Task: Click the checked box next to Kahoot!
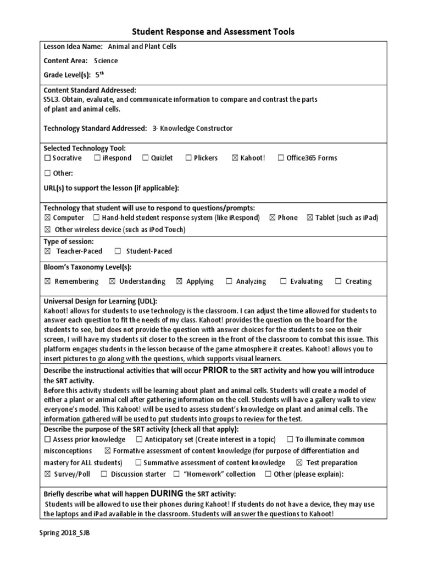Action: [x=235, y=158]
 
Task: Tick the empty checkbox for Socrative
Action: [x=47, y=158]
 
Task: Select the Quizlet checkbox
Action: [x=146, y=158]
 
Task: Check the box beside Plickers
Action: [x=188, y=158]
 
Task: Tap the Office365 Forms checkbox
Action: [x=281, y=158]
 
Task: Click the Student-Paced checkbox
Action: [x=118, y=251]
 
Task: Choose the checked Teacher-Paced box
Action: [x=47, y=251]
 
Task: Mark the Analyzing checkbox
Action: [x=229, y=281]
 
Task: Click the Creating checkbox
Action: [x=337, y=281]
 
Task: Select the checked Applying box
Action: [x=179, y=281]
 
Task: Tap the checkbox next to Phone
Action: [x=273, y=218]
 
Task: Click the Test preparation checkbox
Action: [x=299, y=463]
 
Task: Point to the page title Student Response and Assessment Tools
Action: [x=214, y=31]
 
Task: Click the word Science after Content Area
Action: [x=105, y=61]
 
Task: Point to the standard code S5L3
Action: [x=53, y=100]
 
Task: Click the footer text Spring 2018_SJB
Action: [x=64, y=533]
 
